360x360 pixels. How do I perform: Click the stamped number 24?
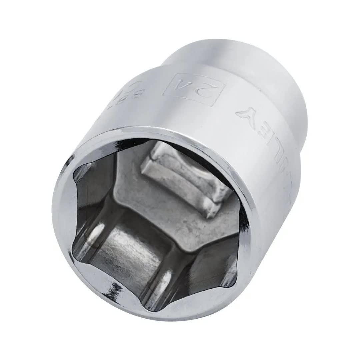point(194,89)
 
